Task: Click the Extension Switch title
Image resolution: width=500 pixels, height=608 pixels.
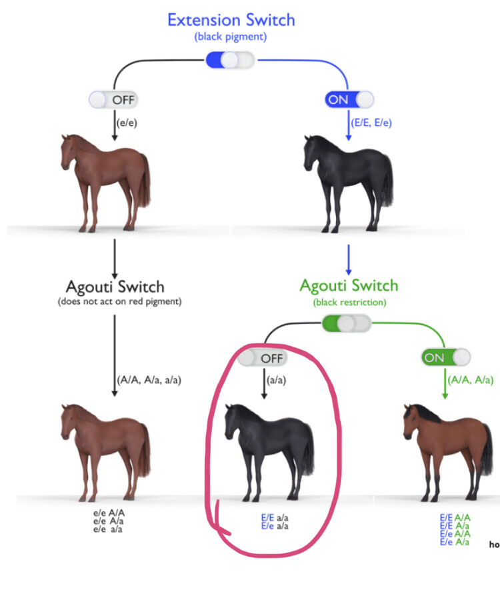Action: tap(231, 20)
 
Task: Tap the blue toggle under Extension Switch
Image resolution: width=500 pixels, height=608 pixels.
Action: tap(230, 60)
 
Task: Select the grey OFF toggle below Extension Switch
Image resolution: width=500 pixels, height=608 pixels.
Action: tap(113, 100)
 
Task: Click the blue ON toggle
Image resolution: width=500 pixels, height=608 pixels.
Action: tap(349, 100)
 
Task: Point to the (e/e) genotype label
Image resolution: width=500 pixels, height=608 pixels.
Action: tap(126, 122)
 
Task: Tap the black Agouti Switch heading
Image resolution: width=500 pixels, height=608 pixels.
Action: tap(115, 287)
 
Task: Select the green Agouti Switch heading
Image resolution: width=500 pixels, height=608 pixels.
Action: tap(349, 286)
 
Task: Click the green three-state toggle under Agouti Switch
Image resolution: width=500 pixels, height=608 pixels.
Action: tap(345, 324)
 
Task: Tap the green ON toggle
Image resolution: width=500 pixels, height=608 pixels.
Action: tap(445, 357)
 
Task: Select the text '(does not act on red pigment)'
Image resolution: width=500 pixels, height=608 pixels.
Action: tap(115, 303)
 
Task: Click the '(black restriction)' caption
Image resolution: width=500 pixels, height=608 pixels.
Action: tap(348, 302)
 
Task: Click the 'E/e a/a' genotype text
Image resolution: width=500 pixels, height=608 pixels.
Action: tap(274, 526)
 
